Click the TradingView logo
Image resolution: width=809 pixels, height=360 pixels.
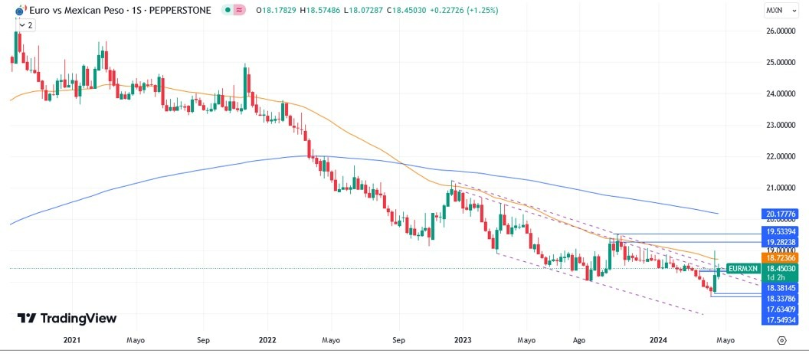pos(67,318)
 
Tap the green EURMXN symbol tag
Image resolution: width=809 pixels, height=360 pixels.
pos(742,268)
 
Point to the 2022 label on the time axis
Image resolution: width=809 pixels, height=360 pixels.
pos(267,339)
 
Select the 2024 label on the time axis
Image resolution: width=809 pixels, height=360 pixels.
pos(658,339)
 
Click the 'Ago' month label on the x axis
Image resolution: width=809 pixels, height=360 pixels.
pos(579,339)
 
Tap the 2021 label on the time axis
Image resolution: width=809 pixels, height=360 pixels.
pos(71,339)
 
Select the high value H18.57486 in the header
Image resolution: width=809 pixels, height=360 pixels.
pos(321,10)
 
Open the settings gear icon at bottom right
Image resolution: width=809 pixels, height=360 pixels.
pos(781,339)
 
